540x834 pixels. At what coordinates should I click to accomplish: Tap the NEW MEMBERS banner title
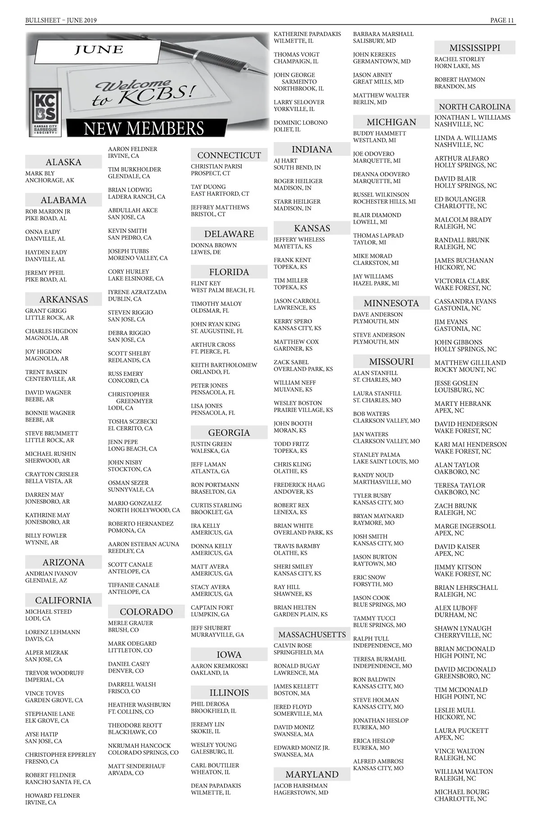pos(144,129)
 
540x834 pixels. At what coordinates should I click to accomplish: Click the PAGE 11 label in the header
pos(502,20)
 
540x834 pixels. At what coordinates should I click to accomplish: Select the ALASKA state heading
pos(63,162)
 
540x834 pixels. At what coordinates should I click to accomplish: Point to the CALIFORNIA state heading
pos(63,600)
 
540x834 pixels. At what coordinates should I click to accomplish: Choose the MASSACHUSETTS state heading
pos(312,634)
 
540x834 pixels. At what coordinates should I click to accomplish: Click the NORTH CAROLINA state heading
pos(475,107)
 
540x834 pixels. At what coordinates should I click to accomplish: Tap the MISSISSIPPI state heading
pos(475,48)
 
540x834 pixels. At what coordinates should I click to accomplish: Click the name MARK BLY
pos(40,173)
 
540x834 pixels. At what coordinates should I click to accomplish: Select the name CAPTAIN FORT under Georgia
pos(212,607)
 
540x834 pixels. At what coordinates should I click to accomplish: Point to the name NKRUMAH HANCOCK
pos(139,745)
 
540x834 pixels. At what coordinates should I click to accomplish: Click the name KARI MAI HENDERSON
pos(470,444)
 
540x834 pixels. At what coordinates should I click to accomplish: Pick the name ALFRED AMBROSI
pos(378,761)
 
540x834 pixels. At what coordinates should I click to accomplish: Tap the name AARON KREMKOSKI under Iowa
pos(219,666)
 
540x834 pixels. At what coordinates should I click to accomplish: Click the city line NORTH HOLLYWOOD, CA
pos(144,510)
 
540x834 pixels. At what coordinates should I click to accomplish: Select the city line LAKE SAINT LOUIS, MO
pos(386,462)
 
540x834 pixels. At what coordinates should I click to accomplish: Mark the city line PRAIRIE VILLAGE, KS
pos(303,410)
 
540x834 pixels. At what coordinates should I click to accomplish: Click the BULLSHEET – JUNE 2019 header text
pos(61,20)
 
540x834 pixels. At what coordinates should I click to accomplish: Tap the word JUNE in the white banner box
pos(99,50)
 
